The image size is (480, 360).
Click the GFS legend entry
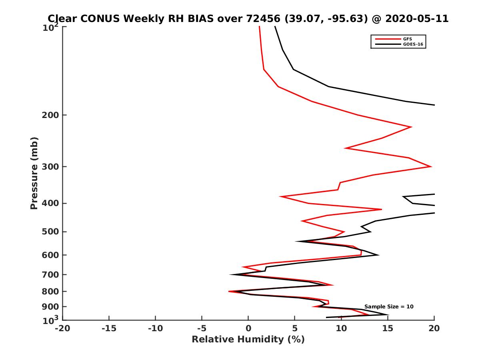point(408,39)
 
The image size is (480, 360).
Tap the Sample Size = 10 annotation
point(389,307)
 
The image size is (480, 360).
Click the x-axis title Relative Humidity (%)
point(248,340)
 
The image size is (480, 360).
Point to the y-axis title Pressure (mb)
point(34,173)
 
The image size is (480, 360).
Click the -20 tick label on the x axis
point(62,329)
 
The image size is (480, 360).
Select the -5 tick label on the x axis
point(202,329)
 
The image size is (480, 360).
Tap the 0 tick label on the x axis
point(248,329)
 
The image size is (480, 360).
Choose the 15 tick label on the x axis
point(388,329)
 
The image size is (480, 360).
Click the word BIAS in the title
point(207,19)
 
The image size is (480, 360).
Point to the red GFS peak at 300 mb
point(431,166)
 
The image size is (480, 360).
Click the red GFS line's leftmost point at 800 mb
point(229,292)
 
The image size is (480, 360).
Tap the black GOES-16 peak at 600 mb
point(378,255)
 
